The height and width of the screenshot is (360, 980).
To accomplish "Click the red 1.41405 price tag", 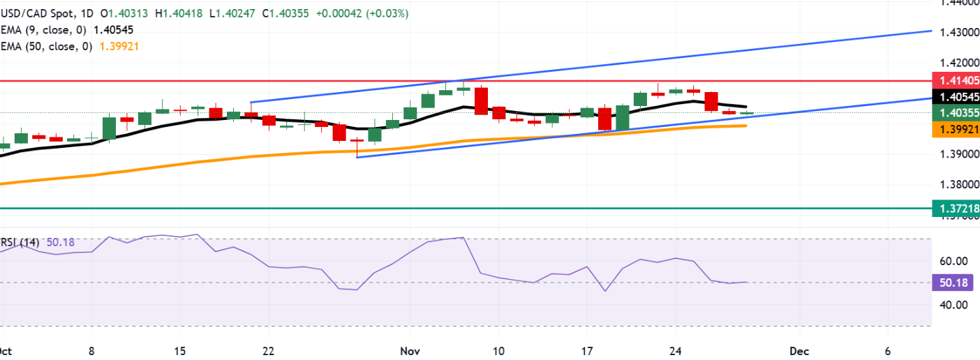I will (956, 80).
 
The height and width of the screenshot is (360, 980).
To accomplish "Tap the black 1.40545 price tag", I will (956, 97).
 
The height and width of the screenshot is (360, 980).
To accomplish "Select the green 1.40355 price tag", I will (956, 113).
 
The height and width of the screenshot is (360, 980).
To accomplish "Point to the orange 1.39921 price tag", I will (956, 129).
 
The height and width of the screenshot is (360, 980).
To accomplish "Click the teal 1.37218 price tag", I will (956, 208).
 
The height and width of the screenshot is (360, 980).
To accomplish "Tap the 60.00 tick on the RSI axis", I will (953, 262).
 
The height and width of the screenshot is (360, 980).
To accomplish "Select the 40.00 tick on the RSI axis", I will (953, 305).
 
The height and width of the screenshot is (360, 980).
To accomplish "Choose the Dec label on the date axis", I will (798, 350).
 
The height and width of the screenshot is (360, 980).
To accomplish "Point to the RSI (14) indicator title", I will (20, 243).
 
